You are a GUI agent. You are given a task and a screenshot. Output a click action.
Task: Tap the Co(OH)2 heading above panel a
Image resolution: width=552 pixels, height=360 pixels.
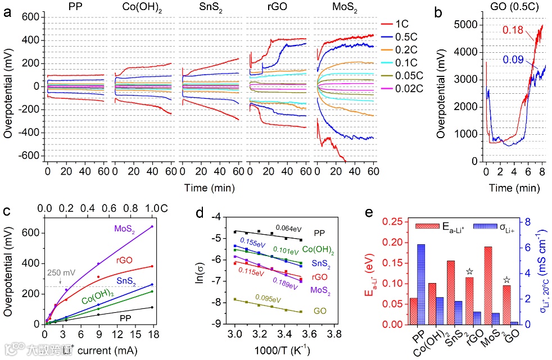coord(139,7)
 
